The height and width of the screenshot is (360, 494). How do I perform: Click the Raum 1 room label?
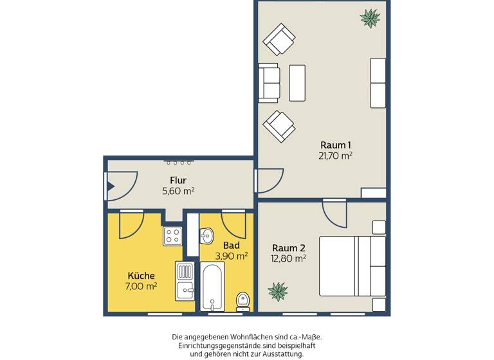point(335,145)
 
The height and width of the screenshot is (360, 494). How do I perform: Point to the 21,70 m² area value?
point(335,156)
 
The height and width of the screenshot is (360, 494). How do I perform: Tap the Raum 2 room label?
point(288,248)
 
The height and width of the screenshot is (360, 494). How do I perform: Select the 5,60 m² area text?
point(178,191)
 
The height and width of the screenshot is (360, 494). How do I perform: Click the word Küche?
point(142,276)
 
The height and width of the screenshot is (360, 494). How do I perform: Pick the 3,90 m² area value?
point(232,256)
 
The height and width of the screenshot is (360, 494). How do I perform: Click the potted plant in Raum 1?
point(370,18)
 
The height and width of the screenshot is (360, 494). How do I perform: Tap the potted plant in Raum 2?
point(278,291)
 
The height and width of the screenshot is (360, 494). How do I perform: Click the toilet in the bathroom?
point(243,300)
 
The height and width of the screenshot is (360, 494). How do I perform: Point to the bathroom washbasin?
point(205,238)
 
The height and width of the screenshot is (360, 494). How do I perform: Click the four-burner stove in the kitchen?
point(172,235)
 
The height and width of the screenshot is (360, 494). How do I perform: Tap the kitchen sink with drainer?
point(184,282)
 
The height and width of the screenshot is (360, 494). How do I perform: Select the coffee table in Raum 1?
point(297,83)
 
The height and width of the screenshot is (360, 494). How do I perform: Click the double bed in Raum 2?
point(352,266)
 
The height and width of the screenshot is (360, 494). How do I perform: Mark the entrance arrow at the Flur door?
point(110,188)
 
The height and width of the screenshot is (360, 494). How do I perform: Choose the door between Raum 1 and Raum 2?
point(334,212)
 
